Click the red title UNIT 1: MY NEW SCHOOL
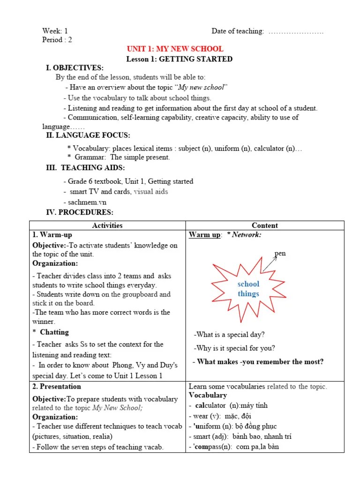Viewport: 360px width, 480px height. click(175, 49)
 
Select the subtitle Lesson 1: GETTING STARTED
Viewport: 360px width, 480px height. click(180, 59)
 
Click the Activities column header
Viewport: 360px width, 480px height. click(107, 225)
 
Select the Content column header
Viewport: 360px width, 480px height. click(265, 225)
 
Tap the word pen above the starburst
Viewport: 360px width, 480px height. click(280, 254)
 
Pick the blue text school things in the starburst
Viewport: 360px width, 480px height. click(248, 289)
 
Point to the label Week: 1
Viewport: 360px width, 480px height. click(55, 31)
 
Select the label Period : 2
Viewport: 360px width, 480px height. click(57, 40)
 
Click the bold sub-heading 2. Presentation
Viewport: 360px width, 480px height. click(57, 387)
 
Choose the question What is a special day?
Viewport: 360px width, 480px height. click(229, 335)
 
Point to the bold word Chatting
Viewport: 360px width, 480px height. click(54, 332)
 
